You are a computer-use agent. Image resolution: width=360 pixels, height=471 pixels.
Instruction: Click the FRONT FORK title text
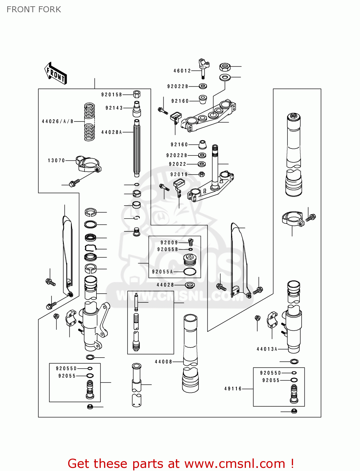pyautogui.click(x=34, y=9)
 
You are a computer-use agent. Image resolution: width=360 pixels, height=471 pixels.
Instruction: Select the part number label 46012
pyautogui.click(x=182, y=71)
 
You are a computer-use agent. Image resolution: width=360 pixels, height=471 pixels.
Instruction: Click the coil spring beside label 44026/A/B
pyautogui.click(x=90, y=122)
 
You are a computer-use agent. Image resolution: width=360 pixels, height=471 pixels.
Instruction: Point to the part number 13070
pyautogui.click(x=56, y=160)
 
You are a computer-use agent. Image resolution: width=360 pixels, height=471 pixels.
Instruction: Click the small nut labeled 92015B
pyautogui.click(x=137, y=94)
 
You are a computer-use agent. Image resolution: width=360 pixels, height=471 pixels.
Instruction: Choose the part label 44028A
pyautogui.click(x=111, y=132)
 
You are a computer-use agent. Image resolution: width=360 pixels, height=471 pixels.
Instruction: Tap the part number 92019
pyautogui.click(x=179, y=174)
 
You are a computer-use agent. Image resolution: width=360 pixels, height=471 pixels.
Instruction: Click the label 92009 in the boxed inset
pyautogui.click(x=169, y=242)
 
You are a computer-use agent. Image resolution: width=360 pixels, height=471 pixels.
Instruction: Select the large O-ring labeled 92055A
pyautogui.click(x=190, y=272)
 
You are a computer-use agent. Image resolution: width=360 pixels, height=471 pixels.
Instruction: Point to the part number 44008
pyautogui.click(x=163, y=362)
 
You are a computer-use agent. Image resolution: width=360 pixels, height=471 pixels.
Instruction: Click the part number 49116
pyautogui.click(x=233, y=389)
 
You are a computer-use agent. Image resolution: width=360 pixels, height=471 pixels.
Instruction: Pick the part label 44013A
pyautogui.click(x=267, y=349)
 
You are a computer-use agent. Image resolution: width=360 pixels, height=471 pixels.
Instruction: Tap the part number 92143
pyautogui.click(x=114, y=108)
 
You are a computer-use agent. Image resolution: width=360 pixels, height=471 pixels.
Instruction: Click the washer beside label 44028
pyautogui.click(x=189, y=285)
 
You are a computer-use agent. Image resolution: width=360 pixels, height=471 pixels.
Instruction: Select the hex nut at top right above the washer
pyautogui.click(x=225, y=67)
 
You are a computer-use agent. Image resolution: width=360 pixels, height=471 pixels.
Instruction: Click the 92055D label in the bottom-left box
pyautogui.click(x=66, y=368)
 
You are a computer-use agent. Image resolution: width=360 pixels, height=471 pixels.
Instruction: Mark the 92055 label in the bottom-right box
pyautogui.click(x=271, y=380)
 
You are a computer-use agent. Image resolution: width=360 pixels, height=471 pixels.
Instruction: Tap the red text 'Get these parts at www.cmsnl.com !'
pyautogui.click(x=181, y=463)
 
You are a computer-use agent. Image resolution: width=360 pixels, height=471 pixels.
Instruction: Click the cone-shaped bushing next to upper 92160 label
pyautogui.click(x=203, y=99)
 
